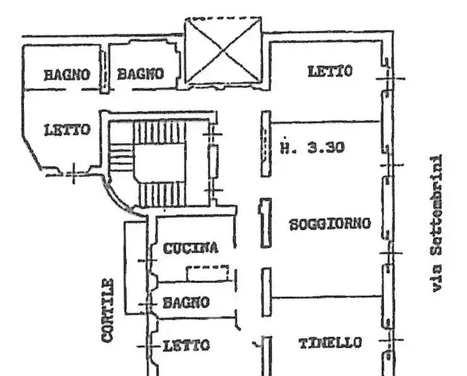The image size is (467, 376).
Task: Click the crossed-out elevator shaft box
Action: pyautogui.click(x=223, y=51)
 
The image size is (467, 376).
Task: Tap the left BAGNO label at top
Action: pyautogui.click(x=66, y=74)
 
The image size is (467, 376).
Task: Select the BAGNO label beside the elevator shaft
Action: pyautogui.click(x=141, y=74)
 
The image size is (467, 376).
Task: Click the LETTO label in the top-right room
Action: pyautogui.click(x=330, y=71)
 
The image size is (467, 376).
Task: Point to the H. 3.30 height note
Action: pyautogui.click(x=312, y=149)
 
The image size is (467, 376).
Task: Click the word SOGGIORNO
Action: pyautogui.click(x=330, y=224)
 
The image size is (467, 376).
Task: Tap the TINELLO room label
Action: pyautogui.click(x=330, y=343)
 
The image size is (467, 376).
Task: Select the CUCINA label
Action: pyautogui.click(x=191, y=248)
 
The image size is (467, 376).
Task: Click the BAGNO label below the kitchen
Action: pyautogui.click(x=186, y=303)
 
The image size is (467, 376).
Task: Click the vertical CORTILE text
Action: pyautogui.click(x=108, y=310)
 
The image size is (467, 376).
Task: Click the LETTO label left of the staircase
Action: pyautogui.click(x=67, y=130)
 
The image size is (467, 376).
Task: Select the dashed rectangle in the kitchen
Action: pyautogui.click(x=208, y=273)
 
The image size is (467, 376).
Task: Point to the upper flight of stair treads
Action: pyautogui.click(x=160, y=132)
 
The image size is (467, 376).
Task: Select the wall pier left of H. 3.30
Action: pyautogui.click(x=266, y=144)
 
